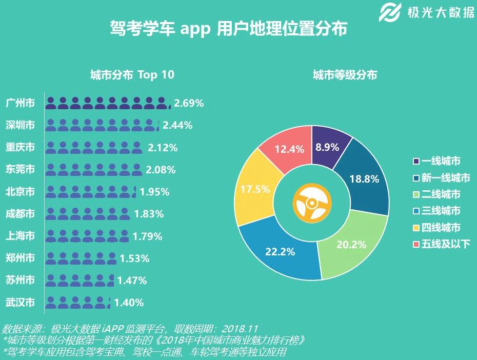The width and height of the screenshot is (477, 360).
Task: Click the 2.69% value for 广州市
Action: tap(189, 103)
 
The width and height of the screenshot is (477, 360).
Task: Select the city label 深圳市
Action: tap(20, 125)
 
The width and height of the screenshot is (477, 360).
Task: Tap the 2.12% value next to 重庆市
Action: tap(163, 148)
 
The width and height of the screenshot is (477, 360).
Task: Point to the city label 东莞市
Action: tap(20, 169)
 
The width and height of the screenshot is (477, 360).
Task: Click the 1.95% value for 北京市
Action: tap(154, 192)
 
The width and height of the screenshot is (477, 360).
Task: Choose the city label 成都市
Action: tap(20, 213)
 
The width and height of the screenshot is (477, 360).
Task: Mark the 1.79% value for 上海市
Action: tap(147, 236)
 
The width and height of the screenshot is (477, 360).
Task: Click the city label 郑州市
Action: tap(20, 258)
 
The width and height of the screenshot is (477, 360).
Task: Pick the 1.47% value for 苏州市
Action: tap(132, 281)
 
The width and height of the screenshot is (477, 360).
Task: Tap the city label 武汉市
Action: tap(20, 302)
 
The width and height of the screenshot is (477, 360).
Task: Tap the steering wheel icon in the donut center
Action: tap(311, 203)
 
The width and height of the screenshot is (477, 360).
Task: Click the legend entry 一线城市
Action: tap(440, 162)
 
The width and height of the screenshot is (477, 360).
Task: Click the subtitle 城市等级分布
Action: tap(345, 75)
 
